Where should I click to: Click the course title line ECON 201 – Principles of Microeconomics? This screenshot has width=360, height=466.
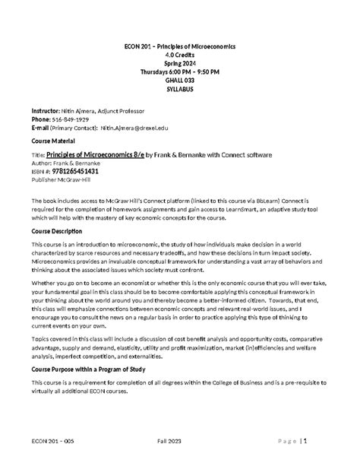point(180,46)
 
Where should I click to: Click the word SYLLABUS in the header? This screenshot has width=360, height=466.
point(180,88)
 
